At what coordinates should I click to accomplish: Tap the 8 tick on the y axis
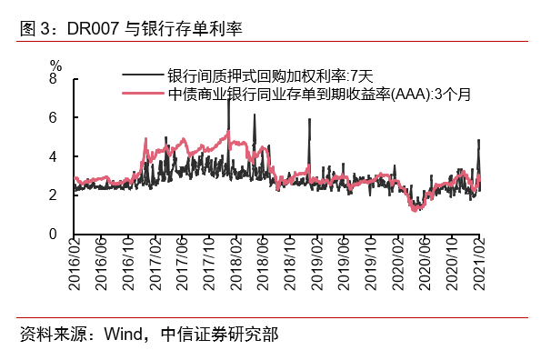click(x=53, y=79)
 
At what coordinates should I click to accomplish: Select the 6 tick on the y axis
click(x=53, y=118)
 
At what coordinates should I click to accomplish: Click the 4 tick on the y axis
click(x=53, y=156)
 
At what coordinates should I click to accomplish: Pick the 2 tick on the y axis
click(x=53, y=195)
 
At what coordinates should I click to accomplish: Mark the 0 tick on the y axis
click(x=53, y=234)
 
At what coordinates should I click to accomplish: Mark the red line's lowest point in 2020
click(x=416, y=211)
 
